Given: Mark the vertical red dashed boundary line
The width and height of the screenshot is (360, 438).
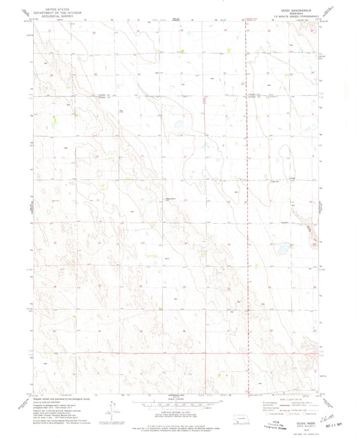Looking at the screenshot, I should (247, 203).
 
